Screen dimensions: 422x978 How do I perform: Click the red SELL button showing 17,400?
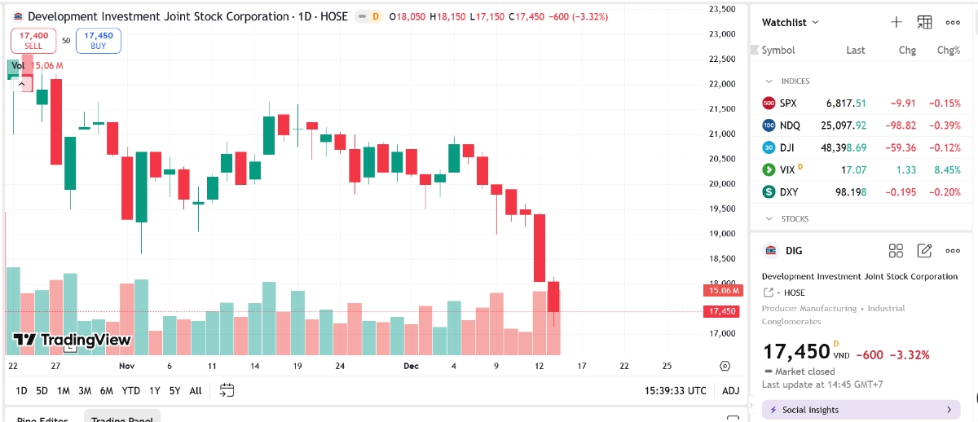pos(33,41)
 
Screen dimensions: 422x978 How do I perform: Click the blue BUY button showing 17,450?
pos(98,41)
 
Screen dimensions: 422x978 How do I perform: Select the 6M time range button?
pos(106,390)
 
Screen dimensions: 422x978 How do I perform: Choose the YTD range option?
pos(130,390)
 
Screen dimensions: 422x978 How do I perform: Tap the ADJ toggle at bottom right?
pos(731,390)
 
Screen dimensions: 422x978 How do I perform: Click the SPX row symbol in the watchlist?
pos(788,103)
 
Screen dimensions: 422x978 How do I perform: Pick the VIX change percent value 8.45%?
pos(948,170)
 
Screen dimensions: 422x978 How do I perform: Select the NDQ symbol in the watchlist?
pos(790,125)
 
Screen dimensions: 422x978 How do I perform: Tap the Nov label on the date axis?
pos(126,367)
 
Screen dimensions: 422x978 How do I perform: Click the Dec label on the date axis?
pos(412,367)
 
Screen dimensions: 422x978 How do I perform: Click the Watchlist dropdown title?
pos(791,23)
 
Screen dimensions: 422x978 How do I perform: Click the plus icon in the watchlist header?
pos(896,23)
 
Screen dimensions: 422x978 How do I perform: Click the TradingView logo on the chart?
pos(73,340)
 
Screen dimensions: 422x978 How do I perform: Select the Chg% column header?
pos(948,51)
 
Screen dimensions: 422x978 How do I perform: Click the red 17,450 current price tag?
pos(722,311)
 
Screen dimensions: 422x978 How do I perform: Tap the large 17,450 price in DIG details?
pos(795,352)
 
